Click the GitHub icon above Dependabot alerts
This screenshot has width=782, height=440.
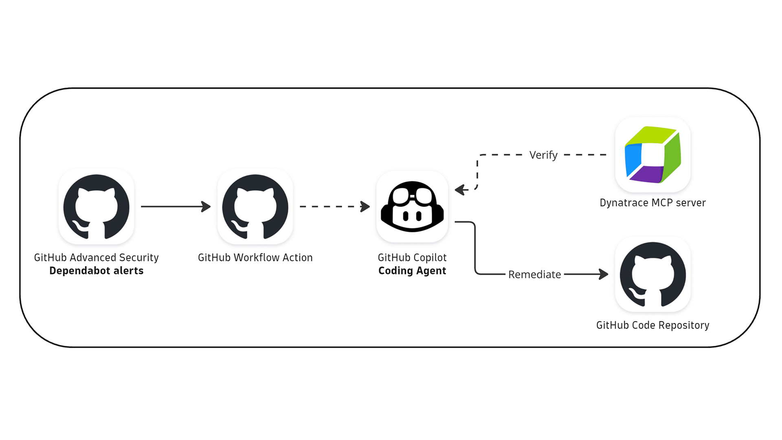pos(96,207)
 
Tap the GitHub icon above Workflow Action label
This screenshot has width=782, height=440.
pos(255,207)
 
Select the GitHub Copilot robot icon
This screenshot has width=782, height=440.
pos(412,207)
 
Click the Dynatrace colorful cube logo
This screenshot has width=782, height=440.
pos(652,155)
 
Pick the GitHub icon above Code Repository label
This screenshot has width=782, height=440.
pos(652,274)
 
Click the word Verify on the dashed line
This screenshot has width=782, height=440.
pos(543,155)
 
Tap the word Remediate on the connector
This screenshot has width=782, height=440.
pos(534,275)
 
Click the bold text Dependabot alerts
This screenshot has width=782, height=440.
pos(96,271)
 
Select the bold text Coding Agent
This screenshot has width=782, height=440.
pos(412,271)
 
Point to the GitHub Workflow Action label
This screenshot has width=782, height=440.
pos(255,257)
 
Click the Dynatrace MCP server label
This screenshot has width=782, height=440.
pos(652,203)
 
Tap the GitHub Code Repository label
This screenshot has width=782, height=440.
pos(652,325)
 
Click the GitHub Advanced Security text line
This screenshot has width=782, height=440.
pos(96,257)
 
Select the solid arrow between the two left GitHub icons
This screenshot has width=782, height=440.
pos(175,207)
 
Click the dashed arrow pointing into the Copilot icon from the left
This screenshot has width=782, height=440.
pos(334,207)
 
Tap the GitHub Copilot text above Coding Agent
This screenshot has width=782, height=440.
pos(412,257)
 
